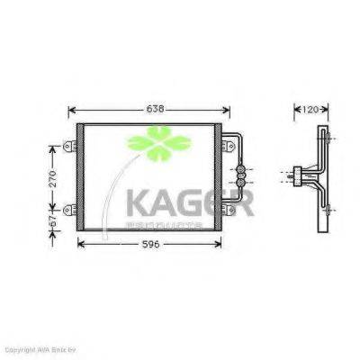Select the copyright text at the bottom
point(36,349)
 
